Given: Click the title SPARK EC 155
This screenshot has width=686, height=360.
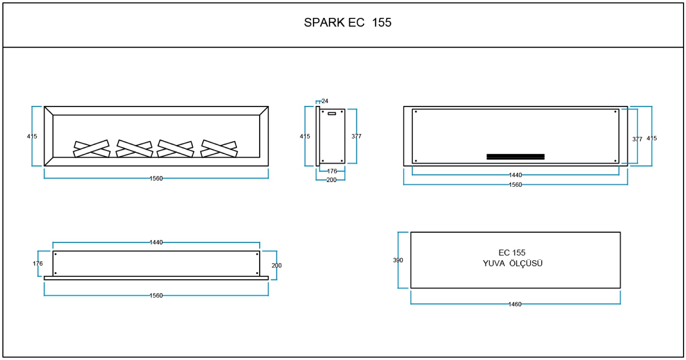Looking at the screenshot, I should (347, 22).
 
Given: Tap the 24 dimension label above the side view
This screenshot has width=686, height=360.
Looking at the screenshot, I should (325, 101).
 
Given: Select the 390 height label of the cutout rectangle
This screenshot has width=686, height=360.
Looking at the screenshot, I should (398, 260).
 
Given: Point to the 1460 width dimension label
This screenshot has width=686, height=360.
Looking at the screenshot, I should (515, 304).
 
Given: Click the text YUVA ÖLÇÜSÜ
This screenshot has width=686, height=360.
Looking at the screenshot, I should (513, 263).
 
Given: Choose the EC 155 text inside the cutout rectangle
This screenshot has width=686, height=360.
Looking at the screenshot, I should (512, 253).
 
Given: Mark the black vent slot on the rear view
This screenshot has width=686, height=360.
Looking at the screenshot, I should (515, 156).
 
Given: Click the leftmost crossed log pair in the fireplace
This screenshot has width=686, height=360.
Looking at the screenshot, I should (91, 149).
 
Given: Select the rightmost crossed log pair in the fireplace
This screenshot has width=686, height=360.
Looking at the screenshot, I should (219, 149).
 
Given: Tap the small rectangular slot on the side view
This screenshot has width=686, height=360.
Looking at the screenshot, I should (332, 114).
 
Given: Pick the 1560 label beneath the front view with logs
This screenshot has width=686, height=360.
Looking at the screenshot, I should (156, 178).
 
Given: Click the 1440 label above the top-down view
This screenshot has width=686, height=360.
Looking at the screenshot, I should (156, 242).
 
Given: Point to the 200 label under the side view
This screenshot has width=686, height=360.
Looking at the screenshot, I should (331, 180).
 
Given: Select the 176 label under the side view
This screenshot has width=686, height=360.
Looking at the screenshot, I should (332, 171).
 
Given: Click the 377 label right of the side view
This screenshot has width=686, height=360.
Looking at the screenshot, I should (356, 136).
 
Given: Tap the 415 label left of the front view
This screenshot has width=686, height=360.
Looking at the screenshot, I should (32, 136).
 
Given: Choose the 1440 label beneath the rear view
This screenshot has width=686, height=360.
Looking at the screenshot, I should (515, 175).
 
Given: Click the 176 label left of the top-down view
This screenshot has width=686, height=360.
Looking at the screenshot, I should (38, 263).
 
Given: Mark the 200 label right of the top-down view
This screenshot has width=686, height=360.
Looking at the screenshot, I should (277, 265).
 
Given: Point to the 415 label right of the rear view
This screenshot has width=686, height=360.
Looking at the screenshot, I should (652, 138).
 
